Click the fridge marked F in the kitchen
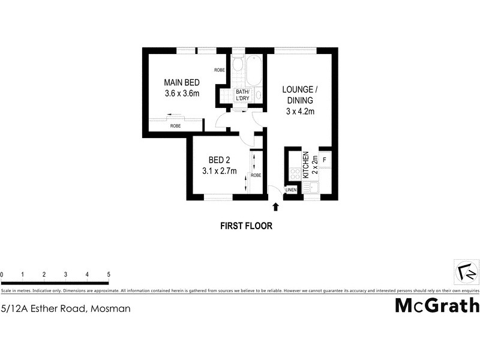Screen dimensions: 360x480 click(x=324, y=160)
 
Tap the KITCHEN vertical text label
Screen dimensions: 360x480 click(x=305, y=165)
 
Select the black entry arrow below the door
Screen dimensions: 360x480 click(x=276, y=207)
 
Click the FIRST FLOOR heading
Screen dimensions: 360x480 click(x=247, y=226)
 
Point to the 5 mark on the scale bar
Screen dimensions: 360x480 click(x=109, y=274)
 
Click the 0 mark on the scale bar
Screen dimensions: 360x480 click(x=2, y=274)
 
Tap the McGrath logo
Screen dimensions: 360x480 click(x=437, y=305)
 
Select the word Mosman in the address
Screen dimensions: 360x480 click(x=109, y=309)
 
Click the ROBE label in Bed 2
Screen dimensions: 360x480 click(x=256, y=175)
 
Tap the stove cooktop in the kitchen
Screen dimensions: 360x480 click(x=294, y=173)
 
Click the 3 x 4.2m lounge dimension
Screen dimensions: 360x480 click(x=300, y=111)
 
